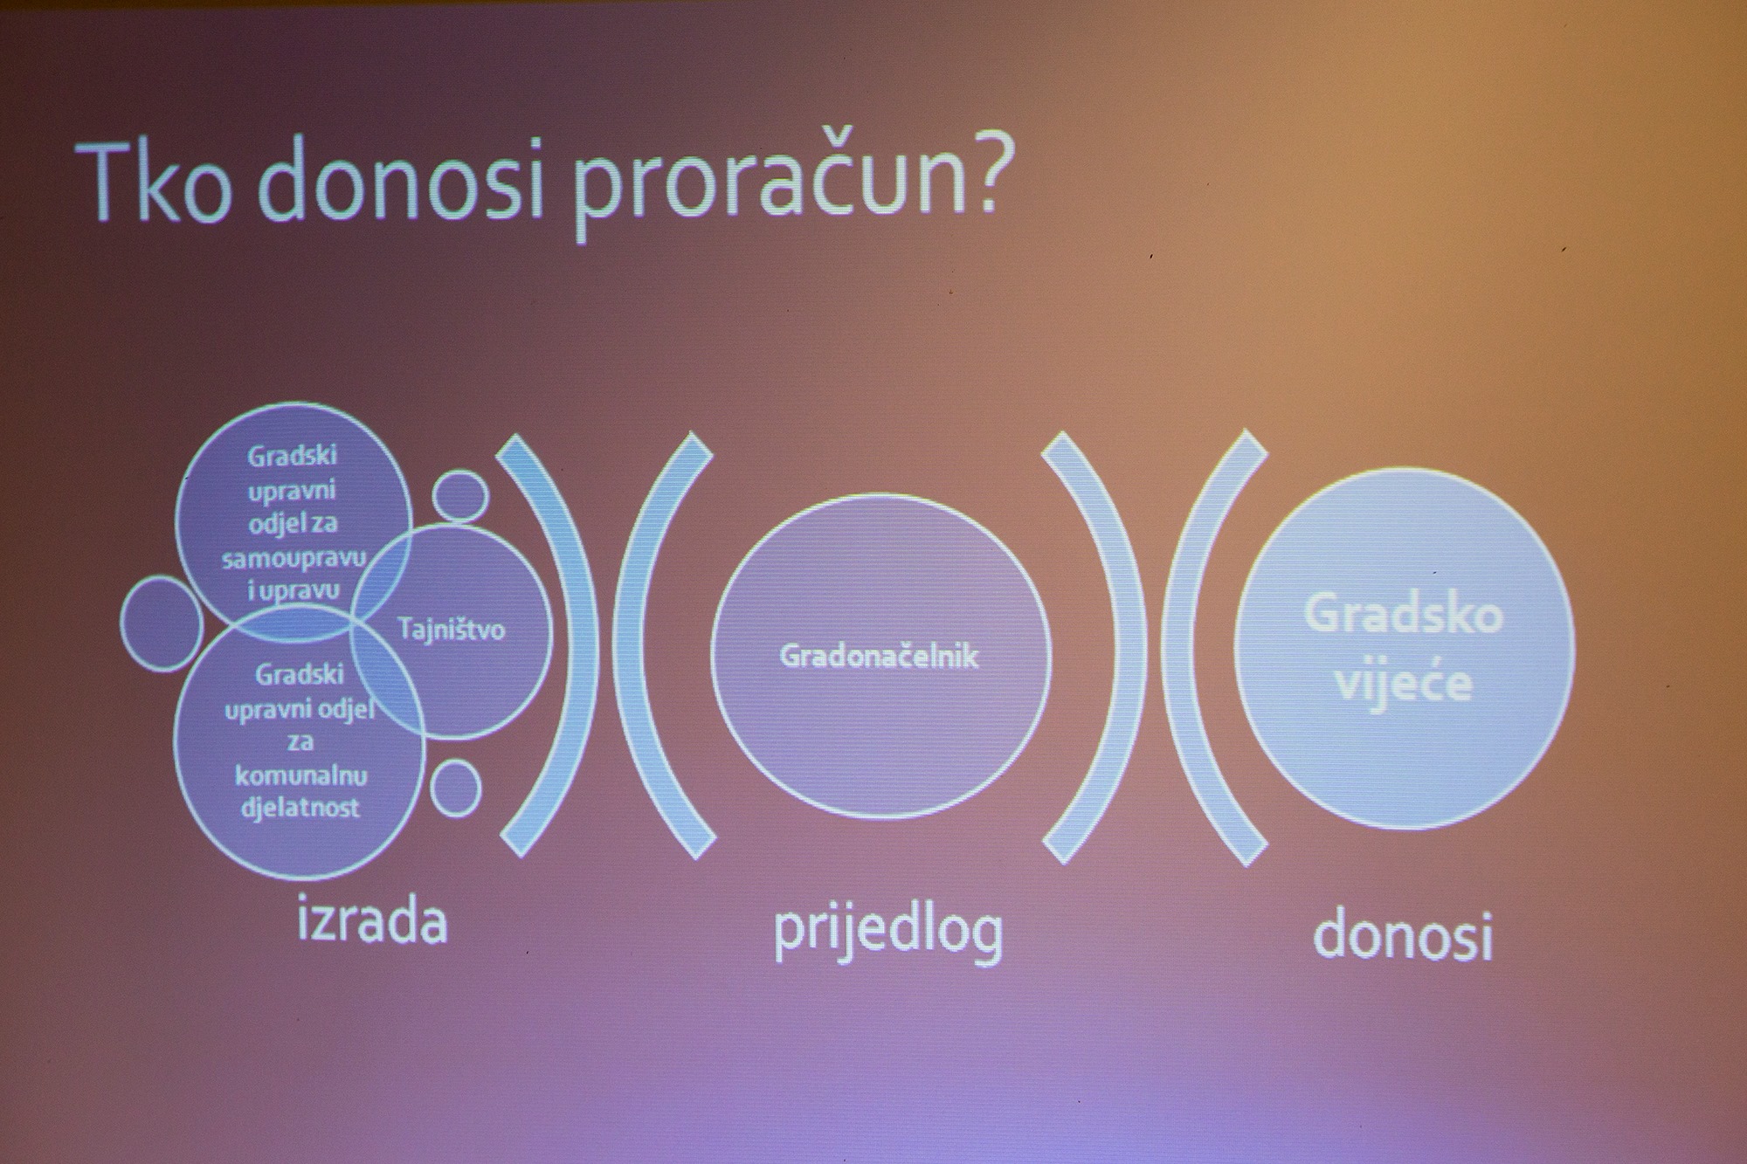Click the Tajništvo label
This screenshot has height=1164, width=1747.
452,630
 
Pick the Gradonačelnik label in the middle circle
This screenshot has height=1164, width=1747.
879,656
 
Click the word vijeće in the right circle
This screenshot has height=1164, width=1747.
1404,682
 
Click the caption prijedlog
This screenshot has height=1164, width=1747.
888,932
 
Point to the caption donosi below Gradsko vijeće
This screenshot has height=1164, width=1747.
1403,937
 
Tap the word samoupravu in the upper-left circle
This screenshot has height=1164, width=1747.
293,557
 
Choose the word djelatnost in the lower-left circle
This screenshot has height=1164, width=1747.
300,808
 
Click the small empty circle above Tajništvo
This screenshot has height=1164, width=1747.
460,497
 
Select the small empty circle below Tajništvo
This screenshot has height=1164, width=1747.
456,789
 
